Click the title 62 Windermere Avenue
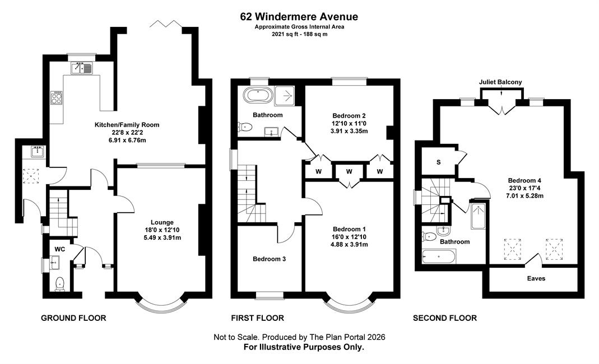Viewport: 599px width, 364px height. pos(299,17)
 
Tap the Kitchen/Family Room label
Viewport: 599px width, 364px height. pos(127,125)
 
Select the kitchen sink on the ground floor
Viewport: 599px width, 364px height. pos(81,68)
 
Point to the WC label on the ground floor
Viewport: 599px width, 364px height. pos(59,249)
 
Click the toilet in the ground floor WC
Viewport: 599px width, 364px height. pos(59,284)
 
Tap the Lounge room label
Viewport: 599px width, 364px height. pos(162,222)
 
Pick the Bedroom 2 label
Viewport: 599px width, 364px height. pos(349,116)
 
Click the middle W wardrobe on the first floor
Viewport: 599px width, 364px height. pos(349,172)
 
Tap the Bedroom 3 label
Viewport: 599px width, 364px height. pos(269,259)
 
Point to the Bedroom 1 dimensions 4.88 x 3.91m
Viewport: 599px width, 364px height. pos(349,245)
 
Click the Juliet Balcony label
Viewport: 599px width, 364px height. pos(500,82)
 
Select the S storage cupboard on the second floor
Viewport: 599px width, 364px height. pos(438,162)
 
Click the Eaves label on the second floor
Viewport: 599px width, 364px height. pos(536,278)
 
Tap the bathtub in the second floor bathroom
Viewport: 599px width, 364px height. pos(439,256)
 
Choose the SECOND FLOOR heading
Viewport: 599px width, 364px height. pos(445,318)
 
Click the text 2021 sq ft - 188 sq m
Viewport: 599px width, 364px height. pos(299,34)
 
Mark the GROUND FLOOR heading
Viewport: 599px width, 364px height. pos(73,318)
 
